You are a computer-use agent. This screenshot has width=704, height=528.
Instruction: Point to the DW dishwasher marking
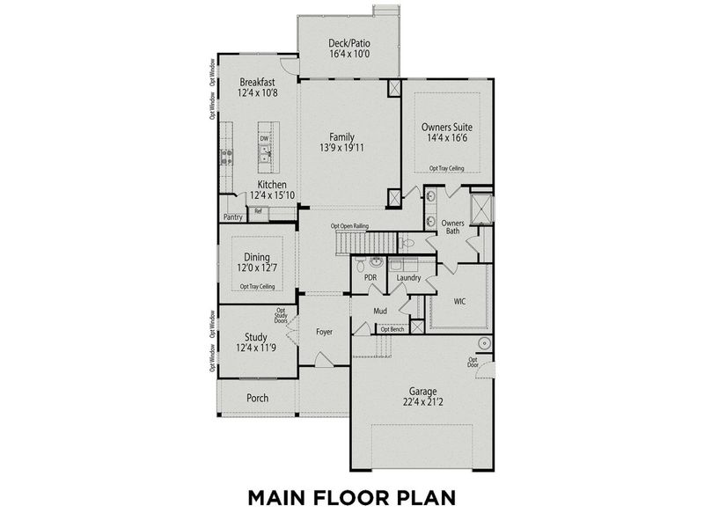(x=263, y=139)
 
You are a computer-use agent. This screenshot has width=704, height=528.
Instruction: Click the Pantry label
(x=232, y=217)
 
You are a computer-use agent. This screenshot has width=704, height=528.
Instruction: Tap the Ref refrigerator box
(x=259, y=211)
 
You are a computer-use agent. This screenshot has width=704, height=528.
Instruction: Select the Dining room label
(x=257, y=257)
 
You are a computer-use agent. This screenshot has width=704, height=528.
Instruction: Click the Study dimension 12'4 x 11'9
(x=256, y=348)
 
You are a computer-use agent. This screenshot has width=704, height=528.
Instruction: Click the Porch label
(x=257, y=398)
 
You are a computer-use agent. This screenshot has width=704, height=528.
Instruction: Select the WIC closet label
(x=459, y=301)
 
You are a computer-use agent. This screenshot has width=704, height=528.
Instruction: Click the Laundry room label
(x=408, y=278)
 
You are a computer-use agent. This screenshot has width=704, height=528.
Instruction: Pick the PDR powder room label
(x=370, y=278)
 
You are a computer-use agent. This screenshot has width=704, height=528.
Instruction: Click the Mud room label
(x=381, y=311)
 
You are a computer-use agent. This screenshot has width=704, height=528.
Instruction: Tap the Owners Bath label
(x=452, y=228)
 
